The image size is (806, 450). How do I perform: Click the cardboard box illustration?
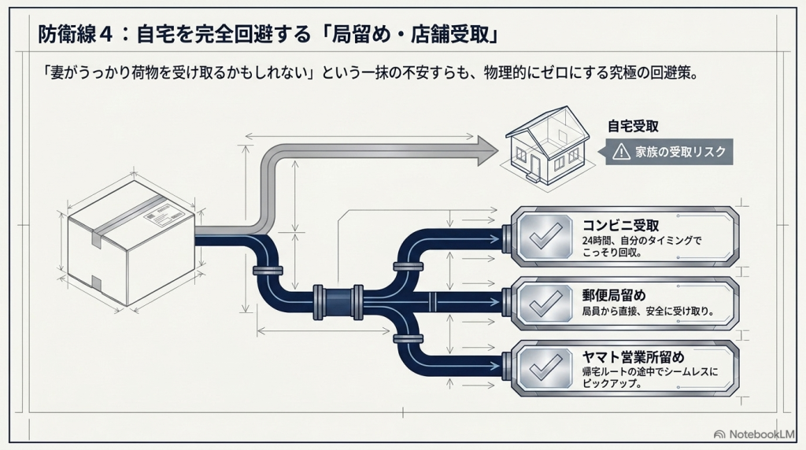point(131,242)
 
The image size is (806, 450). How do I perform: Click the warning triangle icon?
point(622,152)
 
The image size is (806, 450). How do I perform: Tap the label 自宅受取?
point(633,127)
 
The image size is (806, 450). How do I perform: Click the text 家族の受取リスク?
point(680,152)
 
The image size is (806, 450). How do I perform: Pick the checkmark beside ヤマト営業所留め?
point(545,368)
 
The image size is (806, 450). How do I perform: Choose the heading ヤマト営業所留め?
point(634,357)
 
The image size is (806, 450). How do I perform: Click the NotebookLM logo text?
point(762,434)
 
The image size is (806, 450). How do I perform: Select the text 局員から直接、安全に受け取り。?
point(649,311)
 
